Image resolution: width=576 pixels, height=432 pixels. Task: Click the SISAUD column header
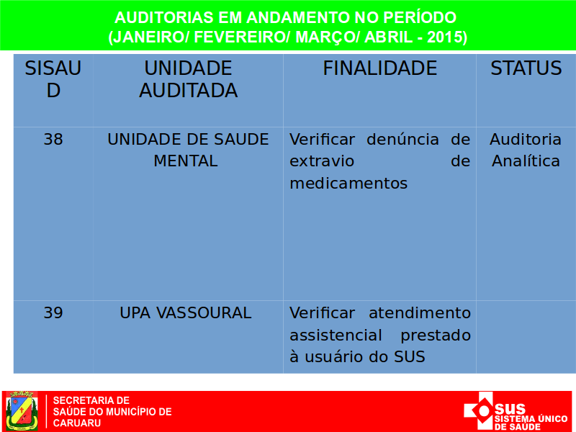53,79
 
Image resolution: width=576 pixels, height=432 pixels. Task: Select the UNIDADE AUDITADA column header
188,79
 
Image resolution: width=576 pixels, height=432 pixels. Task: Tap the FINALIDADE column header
380,68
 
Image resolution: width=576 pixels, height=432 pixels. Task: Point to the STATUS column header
526,68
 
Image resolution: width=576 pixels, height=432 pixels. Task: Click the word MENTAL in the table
186,161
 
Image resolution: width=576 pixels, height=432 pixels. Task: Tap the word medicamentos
348,183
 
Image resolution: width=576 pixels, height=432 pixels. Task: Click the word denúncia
403,140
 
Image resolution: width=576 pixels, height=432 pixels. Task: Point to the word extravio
322,161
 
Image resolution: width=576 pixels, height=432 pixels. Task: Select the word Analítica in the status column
526,161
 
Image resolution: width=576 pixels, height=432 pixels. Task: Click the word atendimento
420,313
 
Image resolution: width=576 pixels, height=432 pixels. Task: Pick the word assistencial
336,335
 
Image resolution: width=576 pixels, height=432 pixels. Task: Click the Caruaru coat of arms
22,410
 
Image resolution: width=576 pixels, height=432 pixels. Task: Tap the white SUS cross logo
478,411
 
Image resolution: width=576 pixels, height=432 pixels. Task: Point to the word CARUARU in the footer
77,423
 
